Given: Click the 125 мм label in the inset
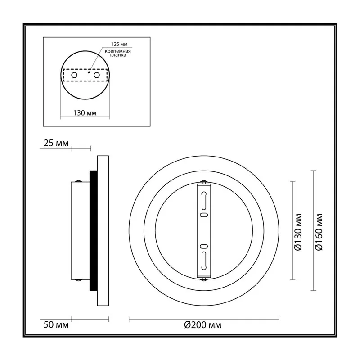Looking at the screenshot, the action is tap(119, 44).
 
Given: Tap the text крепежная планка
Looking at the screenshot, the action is tap(118, 53).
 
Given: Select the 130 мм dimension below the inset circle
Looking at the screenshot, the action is tap(85, 113).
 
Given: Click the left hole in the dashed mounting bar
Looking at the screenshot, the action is tap(74, 75).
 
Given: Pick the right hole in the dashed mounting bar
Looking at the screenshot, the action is tap(97, 75).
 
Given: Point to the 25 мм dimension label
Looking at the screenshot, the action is tap(56, 143).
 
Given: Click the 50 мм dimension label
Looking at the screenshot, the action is tap(56, 325).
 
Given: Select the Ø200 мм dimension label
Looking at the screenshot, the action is tap(203, 325).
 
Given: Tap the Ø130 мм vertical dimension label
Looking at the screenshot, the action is tap(298, 232).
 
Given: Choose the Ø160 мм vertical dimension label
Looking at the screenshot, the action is tap(319, 232).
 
